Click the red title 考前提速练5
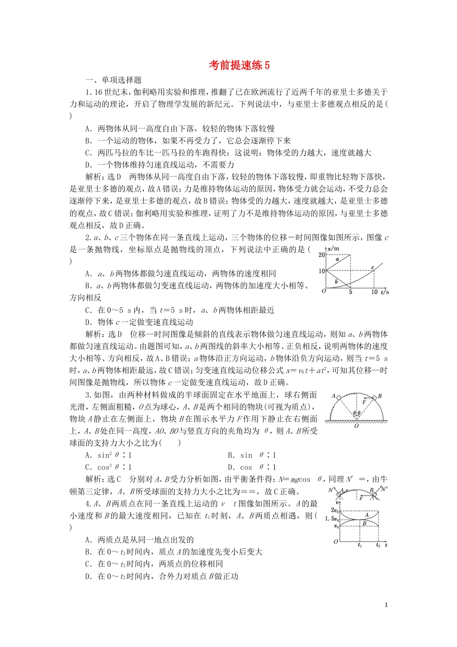pos(239,65)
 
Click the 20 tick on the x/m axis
pos(322,255)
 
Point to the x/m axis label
pos(333,248)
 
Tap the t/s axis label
pos(384,292)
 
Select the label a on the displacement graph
pos(337,259)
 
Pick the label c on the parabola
pos(372,268)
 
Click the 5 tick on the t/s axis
pos(350,292)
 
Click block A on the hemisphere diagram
pos(339,398)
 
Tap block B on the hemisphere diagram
pos(374,398)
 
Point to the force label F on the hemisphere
pos(364,401)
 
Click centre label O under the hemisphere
pos(356,426)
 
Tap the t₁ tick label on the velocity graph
pos(360,545)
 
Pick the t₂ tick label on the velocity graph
pos(378,545)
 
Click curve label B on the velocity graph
pos(364,524)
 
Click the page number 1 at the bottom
pos(386,605)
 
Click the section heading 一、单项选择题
pos(114,80)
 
